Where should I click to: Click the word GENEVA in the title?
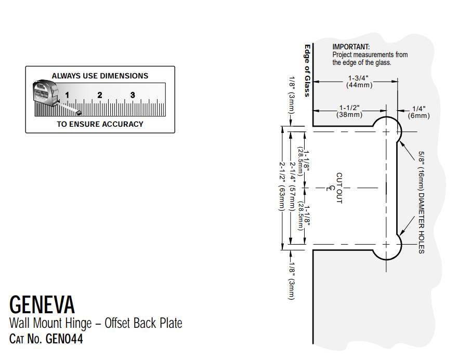click(42, 304)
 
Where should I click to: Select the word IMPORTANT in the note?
click(351, 47)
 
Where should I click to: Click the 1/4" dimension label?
click(418, 109)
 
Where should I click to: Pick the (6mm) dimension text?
click(418, 115)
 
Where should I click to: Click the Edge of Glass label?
click(307, 70)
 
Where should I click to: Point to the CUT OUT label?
click(339, 188)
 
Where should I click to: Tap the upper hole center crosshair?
click(386, 132)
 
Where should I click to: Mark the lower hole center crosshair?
click(386, 244)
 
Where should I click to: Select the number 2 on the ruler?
click(99, 95)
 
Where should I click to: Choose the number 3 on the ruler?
click(133, 95)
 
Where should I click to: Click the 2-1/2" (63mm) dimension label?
click(282, 186)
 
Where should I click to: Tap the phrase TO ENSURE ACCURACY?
click(100, 124)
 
